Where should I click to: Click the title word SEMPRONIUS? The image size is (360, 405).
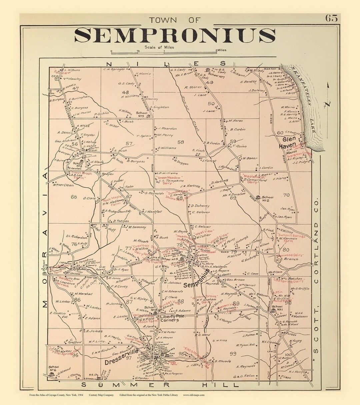[x=174, y=35]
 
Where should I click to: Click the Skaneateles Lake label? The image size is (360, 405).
[x=302, y=100]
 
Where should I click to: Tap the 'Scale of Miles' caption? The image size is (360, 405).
[x=159, y=47]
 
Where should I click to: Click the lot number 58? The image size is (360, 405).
[x=180, y=142]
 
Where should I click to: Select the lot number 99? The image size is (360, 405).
[x=233, y=353]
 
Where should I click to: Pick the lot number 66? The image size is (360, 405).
[x=74, y=197]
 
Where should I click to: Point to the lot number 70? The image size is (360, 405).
[x=286, y=195]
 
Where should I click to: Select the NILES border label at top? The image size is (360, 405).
[x=166, y=63]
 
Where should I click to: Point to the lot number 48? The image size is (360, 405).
[x=125, y=92]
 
